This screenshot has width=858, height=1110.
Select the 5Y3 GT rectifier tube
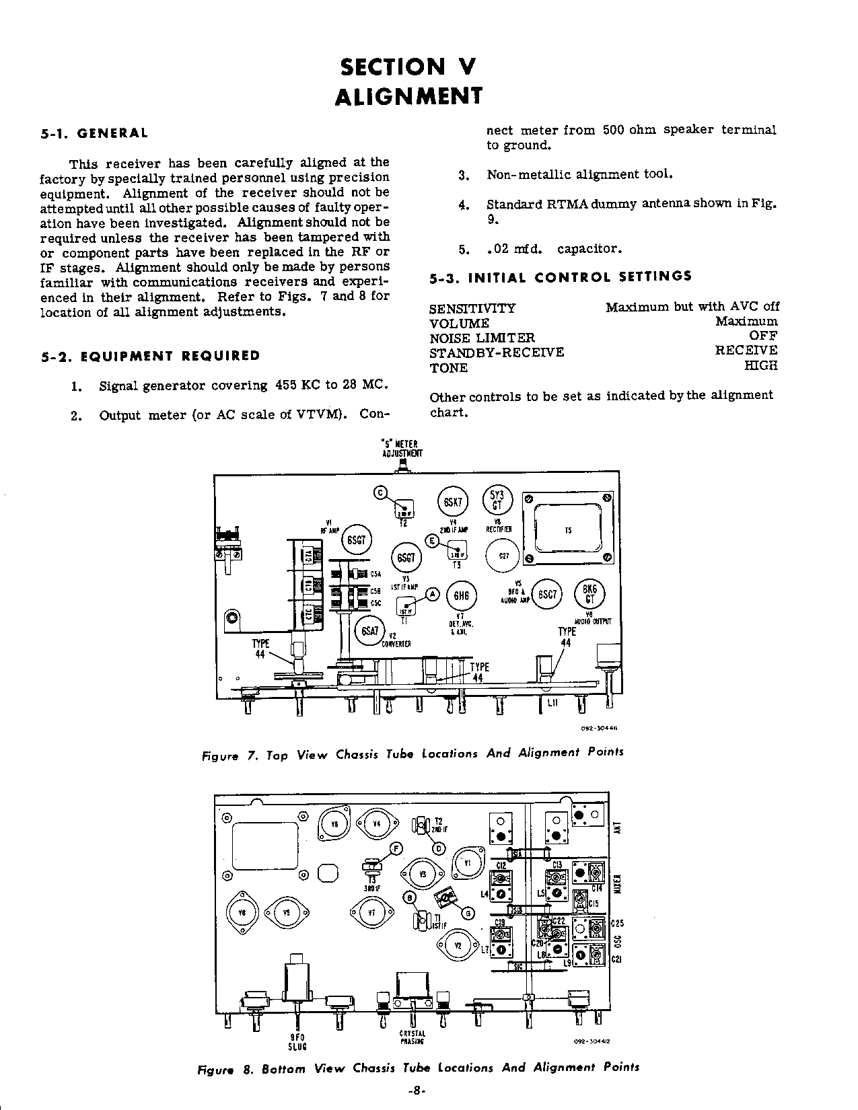[498, 501]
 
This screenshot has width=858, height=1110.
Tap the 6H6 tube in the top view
[461, 595]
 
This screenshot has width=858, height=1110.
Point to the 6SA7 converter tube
[369, 630]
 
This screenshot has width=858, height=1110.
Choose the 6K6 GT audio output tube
[589, 594]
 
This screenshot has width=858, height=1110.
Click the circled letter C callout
[380, 493]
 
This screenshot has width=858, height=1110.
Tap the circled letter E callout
[433, 541]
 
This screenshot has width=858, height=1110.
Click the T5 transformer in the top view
[569, 529]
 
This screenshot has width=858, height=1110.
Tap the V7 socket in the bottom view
[371, 912]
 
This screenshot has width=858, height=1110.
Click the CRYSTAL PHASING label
[412, 1037]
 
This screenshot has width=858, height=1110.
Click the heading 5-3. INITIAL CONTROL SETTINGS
[561, 276]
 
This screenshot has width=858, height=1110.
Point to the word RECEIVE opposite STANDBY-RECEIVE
[746, 350]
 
